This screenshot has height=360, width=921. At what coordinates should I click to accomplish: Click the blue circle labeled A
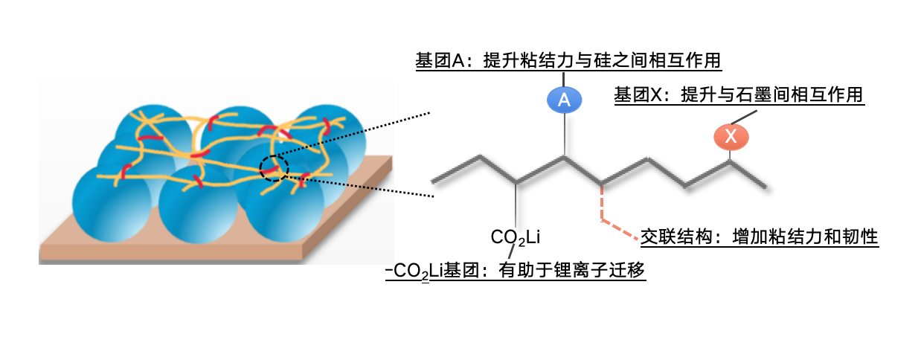pos(564,100)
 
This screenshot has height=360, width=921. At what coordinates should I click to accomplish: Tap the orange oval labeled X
pos(731,136)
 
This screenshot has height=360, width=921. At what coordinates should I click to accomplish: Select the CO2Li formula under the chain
pos(515,237)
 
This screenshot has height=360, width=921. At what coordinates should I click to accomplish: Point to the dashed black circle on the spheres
pos(274,168)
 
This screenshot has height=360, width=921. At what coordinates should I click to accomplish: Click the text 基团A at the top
pos(439,60)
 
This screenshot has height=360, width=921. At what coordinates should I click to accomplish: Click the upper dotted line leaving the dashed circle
pos(357,134)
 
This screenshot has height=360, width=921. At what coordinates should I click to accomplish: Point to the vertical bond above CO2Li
pos(515,205)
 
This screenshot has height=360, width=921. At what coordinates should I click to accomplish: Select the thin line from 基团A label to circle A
pos(564,78)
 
